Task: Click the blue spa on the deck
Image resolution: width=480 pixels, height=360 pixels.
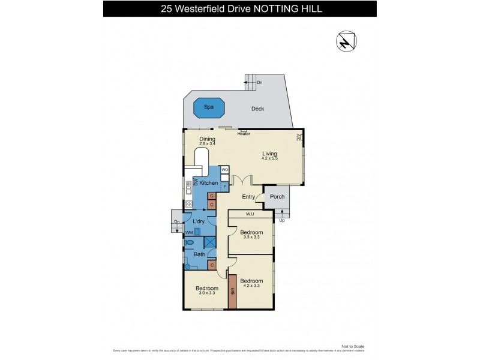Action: [209, 109]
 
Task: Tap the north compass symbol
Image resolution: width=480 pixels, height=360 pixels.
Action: [346, 41]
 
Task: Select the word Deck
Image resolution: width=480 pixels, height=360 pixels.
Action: [257, 109]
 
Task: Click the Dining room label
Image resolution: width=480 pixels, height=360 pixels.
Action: [207, 139]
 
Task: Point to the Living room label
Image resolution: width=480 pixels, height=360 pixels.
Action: [269, 154]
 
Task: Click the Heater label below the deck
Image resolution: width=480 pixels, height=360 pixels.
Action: [244, 134]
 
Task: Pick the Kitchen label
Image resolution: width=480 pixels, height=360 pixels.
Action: [209, 182]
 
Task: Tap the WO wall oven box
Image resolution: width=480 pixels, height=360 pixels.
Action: [224, 170]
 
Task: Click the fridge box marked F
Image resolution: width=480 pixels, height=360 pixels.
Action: [224, 187]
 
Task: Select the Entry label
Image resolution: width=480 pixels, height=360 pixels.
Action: [248, 197]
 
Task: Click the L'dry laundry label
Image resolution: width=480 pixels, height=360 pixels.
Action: [199, 221]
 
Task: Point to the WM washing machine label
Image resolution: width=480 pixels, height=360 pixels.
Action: [188, 232]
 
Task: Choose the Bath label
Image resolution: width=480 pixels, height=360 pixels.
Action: [199, 254]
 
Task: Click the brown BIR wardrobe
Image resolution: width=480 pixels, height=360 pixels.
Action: [233, 292]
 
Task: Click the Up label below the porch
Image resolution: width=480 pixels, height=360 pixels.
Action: [282, 220]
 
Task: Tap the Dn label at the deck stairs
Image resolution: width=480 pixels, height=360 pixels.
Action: [259, 83]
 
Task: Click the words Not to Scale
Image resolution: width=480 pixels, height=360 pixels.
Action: [353, 346]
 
